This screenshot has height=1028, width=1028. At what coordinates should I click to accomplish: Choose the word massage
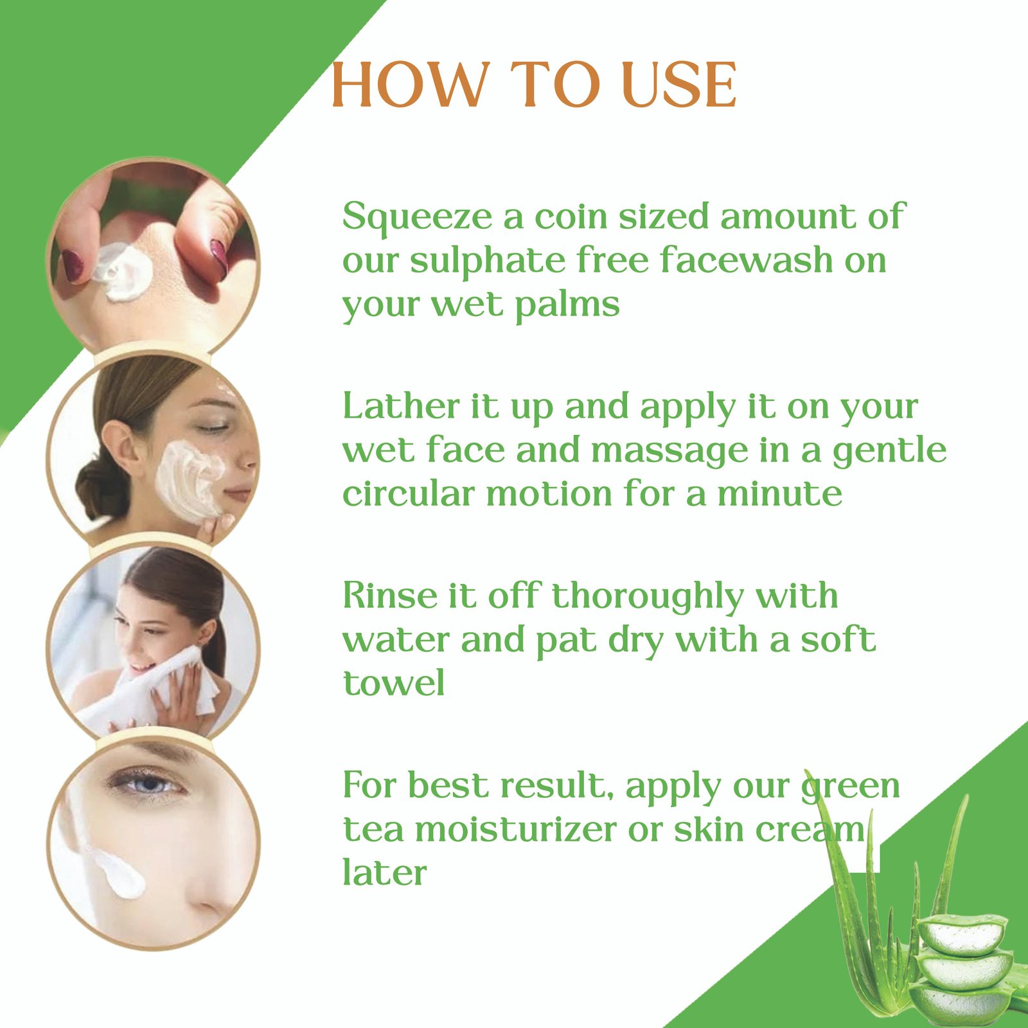[x=669, y=452]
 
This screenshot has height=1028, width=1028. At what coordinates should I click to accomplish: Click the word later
[x=384, y=872]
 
